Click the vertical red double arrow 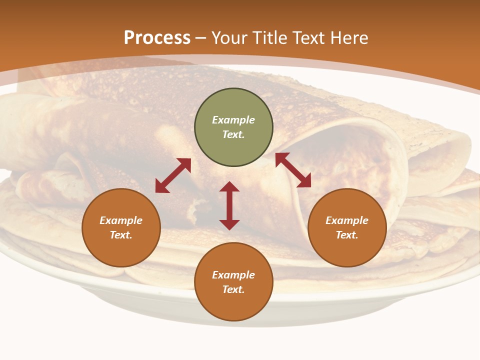229,206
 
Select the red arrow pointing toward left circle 173,175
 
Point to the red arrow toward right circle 293,170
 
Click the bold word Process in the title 157,37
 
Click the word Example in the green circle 233,120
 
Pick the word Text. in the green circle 233,134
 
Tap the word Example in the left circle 121,220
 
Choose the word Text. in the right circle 347,235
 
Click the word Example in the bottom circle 233,275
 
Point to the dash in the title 201,38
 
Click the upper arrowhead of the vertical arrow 229,187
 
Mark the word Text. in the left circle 121,235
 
